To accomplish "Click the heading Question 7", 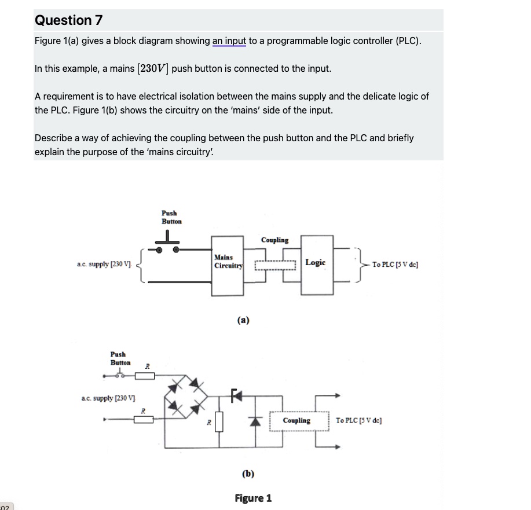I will point(68,20).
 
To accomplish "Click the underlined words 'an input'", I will point(229,41).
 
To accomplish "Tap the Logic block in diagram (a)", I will point(316,263).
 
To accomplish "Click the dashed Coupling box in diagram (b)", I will point(296,421).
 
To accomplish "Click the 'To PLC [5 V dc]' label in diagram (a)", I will point(395,265).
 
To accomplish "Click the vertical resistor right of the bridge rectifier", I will point(218,421).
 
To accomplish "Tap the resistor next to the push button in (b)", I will point(145,376).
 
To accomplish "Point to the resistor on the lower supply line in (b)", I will point(144,420).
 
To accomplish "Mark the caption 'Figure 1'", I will point(253,498).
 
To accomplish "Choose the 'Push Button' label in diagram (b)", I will point(120,358).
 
